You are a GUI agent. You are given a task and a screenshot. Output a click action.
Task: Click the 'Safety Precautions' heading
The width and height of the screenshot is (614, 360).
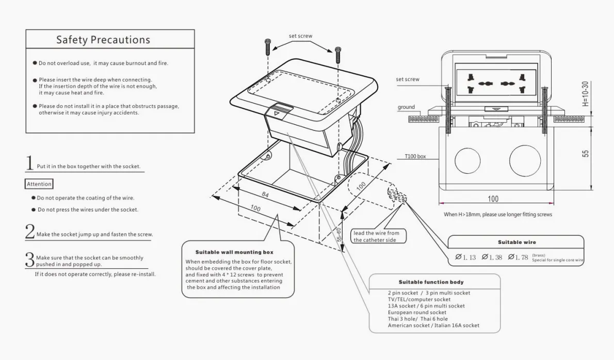pos(103,40)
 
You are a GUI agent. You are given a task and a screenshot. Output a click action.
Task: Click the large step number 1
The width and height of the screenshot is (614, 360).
pos(30,163)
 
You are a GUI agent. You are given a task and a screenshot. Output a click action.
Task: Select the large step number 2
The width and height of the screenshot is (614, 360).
pos(30,232)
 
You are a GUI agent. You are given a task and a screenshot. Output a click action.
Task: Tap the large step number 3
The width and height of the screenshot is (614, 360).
pos(30,259)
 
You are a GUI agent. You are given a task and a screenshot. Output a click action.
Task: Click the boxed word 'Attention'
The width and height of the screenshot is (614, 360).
pos(39,184)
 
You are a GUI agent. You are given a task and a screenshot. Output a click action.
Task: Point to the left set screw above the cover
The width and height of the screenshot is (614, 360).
pos(268,47)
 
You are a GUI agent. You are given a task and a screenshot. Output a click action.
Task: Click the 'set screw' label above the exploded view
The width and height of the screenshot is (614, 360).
pos(300,36)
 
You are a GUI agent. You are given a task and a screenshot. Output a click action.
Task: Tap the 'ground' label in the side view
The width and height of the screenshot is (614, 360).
pos(406,107)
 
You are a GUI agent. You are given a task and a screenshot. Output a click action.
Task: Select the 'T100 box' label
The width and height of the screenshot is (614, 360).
pos(415,156)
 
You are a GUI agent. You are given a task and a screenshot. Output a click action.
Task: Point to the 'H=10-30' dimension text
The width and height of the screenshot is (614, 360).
pos(585,93)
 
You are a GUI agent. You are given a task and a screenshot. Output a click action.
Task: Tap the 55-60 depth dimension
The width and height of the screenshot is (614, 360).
pos(339,234)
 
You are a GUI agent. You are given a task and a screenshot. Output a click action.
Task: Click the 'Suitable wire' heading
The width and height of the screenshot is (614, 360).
pos(516,242)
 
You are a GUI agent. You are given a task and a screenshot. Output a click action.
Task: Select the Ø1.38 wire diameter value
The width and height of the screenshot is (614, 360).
pos(492,257)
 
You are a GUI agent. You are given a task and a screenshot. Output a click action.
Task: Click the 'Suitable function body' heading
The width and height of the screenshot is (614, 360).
pos(431,282)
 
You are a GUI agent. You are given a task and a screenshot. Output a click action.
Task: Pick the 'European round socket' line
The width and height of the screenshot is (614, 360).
pos(417,313)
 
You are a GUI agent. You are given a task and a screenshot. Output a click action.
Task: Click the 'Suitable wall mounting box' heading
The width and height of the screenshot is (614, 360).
pos(234,252)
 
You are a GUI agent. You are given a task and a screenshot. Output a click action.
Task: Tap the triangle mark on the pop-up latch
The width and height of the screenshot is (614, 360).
pos(277,112)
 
